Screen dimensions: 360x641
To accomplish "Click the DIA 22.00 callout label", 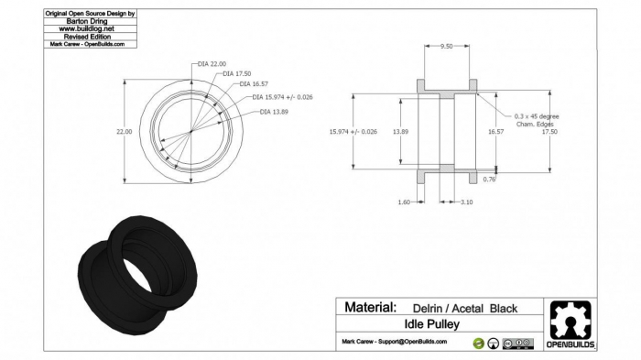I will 212,64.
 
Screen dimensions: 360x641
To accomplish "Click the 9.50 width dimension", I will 447,45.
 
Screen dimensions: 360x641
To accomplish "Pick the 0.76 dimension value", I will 488,180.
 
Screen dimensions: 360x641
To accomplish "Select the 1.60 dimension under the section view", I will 405,202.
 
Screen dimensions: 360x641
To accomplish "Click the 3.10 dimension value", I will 466,202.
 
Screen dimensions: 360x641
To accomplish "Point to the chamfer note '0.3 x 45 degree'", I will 536,116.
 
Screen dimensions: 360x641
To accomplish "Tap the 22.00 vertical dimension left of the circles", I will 124,132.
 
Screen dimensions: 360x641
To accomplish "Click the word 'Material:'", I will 370,308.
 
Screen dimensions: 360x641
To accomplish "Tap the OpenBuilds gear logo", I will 570,321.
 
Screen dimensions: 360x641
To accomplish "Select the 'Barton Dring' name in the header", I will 92,21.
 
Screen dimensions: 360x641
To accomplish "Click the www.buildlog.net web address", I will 92,28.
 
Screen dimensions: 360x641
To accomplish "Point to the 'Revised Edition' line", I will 92,36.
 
